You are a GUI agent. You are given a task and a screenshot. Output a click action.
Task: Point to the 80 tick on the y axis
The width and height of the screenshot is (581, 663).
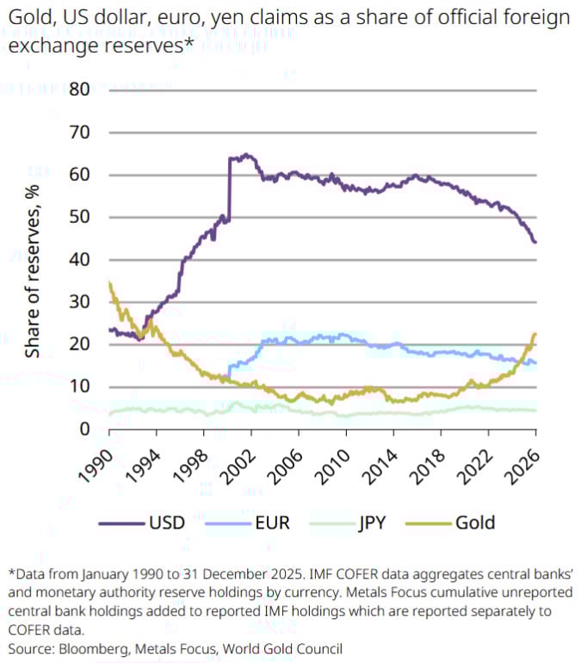click(x=80, y=90)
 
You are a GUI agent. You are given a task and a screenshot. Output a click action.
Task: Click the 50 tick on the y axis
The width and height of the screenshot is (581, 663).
click(x=80, y=217)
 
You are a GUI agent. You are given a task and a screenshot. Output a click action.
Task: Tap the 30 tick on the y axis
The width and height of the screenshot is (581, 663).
click(x=80, y=301)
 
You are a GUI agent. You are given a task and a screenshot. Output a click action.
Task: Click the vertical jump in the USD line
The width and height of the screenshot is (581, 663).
click(x=229, y=189)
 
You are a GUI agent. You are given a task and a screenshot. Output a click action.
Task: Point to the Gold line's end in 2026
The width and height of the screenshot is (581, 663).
click(x=535, y=334)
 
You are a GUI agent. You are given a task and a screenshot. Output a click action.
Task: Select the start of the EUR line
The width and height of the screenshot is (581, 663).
click(x=229, y=375)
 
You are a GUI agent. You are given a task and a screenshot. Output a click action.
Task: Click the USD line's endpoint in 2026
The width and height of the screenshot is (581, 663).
click(x=535, y=242)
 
